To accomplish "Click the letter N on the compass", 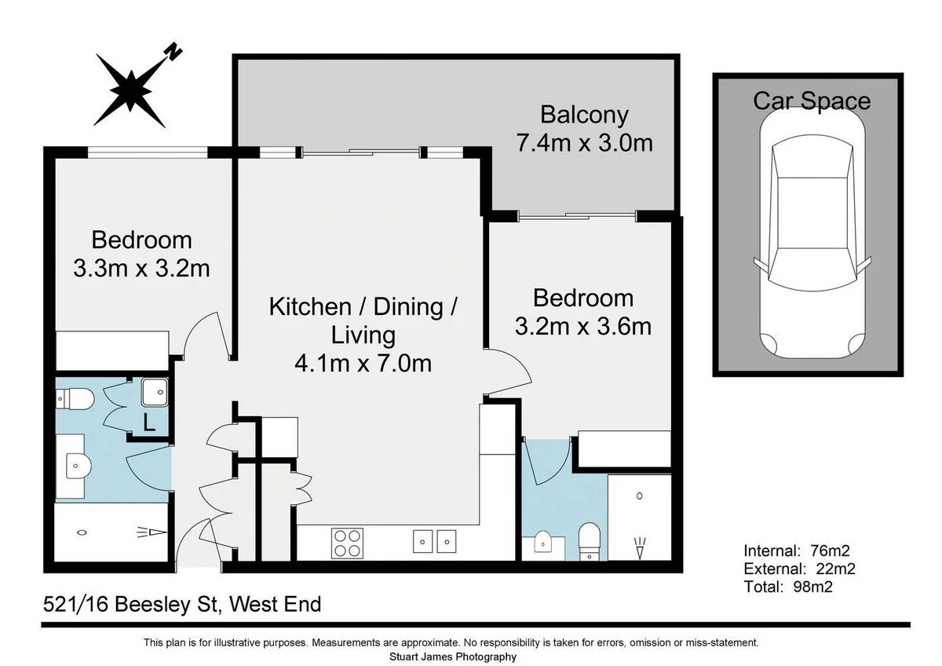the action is pyautogui.click(x=174, y=51).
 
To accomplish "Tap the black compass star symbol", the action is pyautogui.click(x=130, y=90).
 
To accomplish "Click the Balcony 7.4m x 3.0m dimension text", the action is pyautogui.click(x=585, y=143).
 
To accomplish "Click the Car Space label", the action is pyautogui.click(x=812, y=101).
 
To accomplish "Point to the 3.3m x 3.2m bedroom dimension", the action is pyautogui.click(x=142, y=269).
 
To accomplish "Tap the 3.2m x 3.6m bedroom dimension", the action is pyautogui.click(x=583, y=327).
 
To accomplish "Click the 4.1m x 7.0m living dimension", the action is pyautogui.click(x=363, y=364).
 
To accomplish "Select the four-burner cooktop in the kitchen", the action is pyautogui.click(x=347, y=543).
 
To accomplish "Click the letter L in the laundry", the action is pyautogui.click(x=149, y=423).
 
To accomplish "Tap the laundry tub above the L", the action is pyautogui.click(x=155, y=392).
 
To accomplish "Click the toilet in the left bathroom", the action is pyautogui.click(x=75, y=398).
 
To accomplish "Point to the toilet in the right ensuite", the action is pyautogui.click(x=590, y=542).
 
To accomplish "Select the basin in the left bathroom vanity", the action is pyautogui.click(x=78, y=466).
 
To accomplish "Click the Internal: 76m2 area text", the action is pyautogui.click(x=797, y=551).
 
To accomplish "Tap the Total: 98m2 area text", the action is pyautogui.click(x=788, y=587).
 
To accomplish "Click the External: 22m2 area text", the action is pyautogui.click(x=799, y=569).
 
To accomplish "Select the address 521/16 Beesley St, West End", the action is pyautogui.click(x=182, y=605).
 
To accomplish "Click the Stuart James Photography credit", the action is pyautogui.click(x=453, y=657).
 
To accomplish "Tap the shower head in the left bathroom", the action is pyautogui.click(x=152, y=532).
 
